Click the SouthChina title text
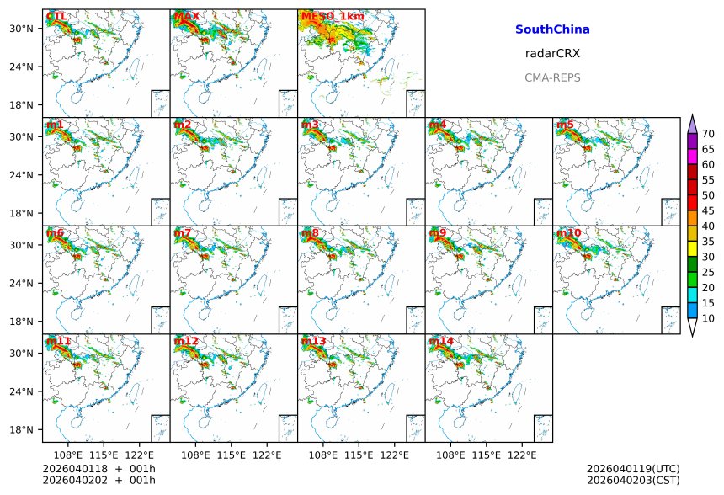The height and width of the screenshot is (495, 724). [552, 29]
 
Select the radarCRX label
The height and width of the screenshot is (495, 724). [552, 54]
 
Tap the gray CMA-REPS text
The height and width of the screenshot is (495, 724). [552, 77]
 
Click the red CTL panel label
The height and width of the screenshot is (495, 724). [56, 17]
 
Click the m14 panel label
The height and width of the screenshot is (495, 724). [441, 341]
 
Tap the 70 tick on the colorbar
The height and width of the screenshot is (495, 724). [708, 134]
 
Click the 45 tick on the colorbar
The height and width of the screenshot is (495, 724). [708, 211]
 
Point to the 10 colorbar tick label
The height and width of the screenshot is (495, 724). [708, 319]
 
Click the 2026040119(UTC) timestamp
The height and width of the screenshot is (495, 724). [633, 469]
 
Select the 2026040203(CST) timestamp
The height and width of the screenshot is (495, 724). [633, 480]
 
